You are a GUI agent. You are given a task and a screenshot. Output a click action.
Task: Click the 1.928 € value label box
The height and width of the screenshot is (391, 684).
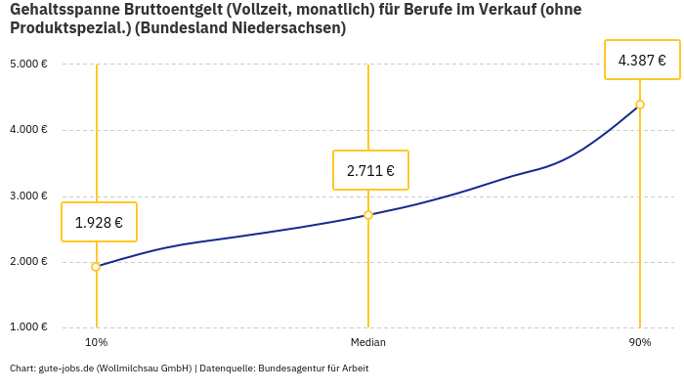click(99, 222)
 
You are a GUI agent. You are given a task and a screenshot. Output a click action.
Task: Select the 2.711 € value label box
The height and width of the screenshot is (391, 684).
click(370, 170)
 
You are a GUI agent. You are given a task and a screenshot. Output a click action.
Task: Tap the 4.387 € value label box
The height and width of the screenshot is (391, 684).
click(642, 60)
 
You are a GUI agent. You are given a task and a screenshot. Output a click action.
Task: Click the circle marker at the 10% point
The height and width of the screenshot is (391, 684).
click(96, 267)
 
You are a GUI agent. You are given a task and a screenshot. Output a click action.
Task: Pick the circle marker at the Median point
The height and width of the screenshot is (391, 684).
click(368, 215)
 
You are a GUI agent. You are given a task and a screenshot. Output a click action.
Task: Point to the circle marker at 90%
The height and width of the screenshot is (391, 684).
click(640, 105)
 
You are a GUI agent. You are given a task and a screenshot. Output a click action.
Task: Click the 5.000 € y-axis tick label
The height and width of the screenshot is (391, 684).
click(28, 65)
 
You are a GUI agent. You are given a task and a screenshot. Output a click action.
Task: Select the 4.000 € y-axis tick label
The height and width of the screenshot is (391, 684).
click(28, 130)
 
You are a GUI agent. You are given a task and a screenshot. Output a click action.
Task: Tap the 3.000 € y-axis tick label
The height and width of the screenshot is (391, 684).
click(28, 195)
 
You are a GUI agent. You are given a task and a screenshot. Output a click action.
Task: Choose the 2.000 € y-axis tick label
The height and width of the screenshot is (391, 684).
click(28, 261)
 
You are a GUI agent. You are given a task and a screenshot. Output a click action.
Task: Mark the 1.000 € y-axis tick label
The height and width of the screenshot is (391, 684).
click(28, 326)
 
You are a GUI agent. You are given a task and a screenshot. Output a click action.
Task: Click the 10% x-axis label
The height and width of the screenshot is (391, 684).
click(96, 342)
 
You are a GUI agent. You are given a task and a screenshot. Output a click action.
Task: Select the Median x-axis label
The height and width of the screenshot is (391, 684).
click(368, 342)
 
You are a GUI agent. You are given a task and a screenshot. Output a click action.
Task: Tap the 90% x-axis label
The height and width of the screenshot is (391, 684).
click(640, 342)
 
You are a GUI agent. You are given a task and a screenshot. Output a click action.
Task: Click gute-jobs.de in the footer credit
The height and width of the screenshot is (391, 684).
click(65, 369)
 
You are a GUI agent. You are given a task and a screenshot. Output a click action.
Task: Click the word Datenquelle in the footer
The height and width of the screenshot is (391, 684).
click(226, 369)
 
